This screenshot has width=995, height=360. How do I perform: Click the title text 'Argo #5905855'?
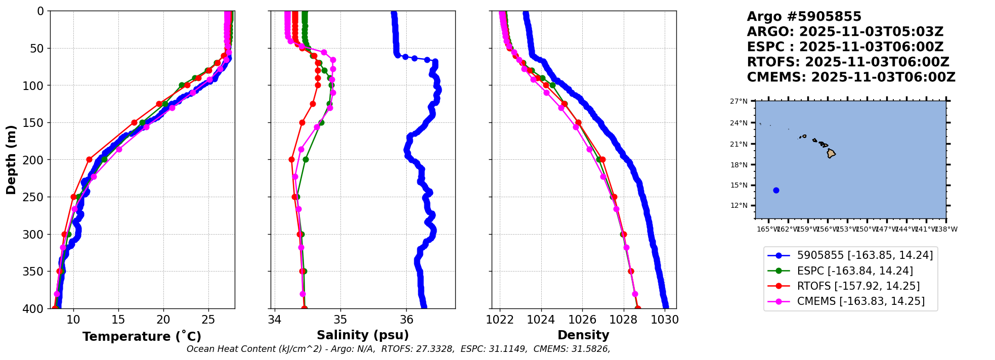pyautogui.click(x=804, y=17)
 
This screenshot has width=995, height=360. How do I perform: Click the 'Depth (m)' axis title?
pyautogui.click(x=11, y=159)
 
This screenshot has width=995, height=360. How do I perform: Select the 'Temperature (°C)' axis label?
pyautogui.click(x=142, y=336)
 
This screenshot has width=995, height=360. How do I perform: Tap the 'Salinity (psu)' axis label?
pyautogui.click(x=363, y=335)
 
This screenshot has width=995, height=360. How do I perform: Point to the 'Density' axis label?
pyautogui.click(x=583, y=335)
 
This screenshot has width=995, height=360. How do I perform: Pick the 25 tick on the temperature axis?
pyautogui.click(x=208, y=320)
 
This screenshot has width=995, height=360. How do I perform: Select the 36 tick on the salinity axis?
pyautogui.click(x=407, y=320)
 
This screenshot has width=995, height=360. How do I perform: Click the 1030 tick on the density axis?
pyautogui.click(x=665, y=320)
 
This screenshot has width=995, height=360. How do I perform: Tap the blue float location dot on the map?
pyautogui.click(x=776, y=190)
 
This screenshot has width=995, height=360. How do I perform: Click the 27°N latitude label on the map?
pyautogui.click(x=739, y=101)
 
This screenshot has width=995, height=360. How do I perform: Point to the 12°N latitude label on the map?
pyautogui.click(x=739, y=205)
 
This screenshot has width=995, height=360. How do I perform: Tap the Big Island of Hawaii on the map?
pyautogui.click(x=831, y=154)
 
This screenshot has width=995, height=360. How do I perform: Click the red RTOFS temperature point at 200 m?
pyautogui.click(x=90, y=159)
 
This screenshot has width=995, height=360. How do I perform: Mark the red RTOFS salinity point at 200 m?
pyautogui.click(x=291, y=159)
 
